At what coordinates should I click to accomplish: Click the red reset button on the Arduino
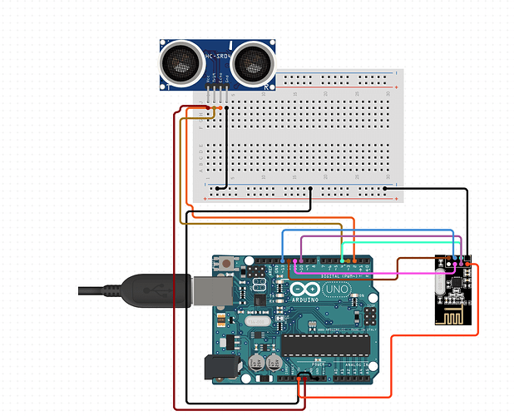point(228,265)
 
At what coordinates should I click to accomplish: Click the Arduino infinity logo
point(296,290)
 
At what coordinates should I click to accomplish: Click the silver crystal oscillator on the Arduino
point(255,320)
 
